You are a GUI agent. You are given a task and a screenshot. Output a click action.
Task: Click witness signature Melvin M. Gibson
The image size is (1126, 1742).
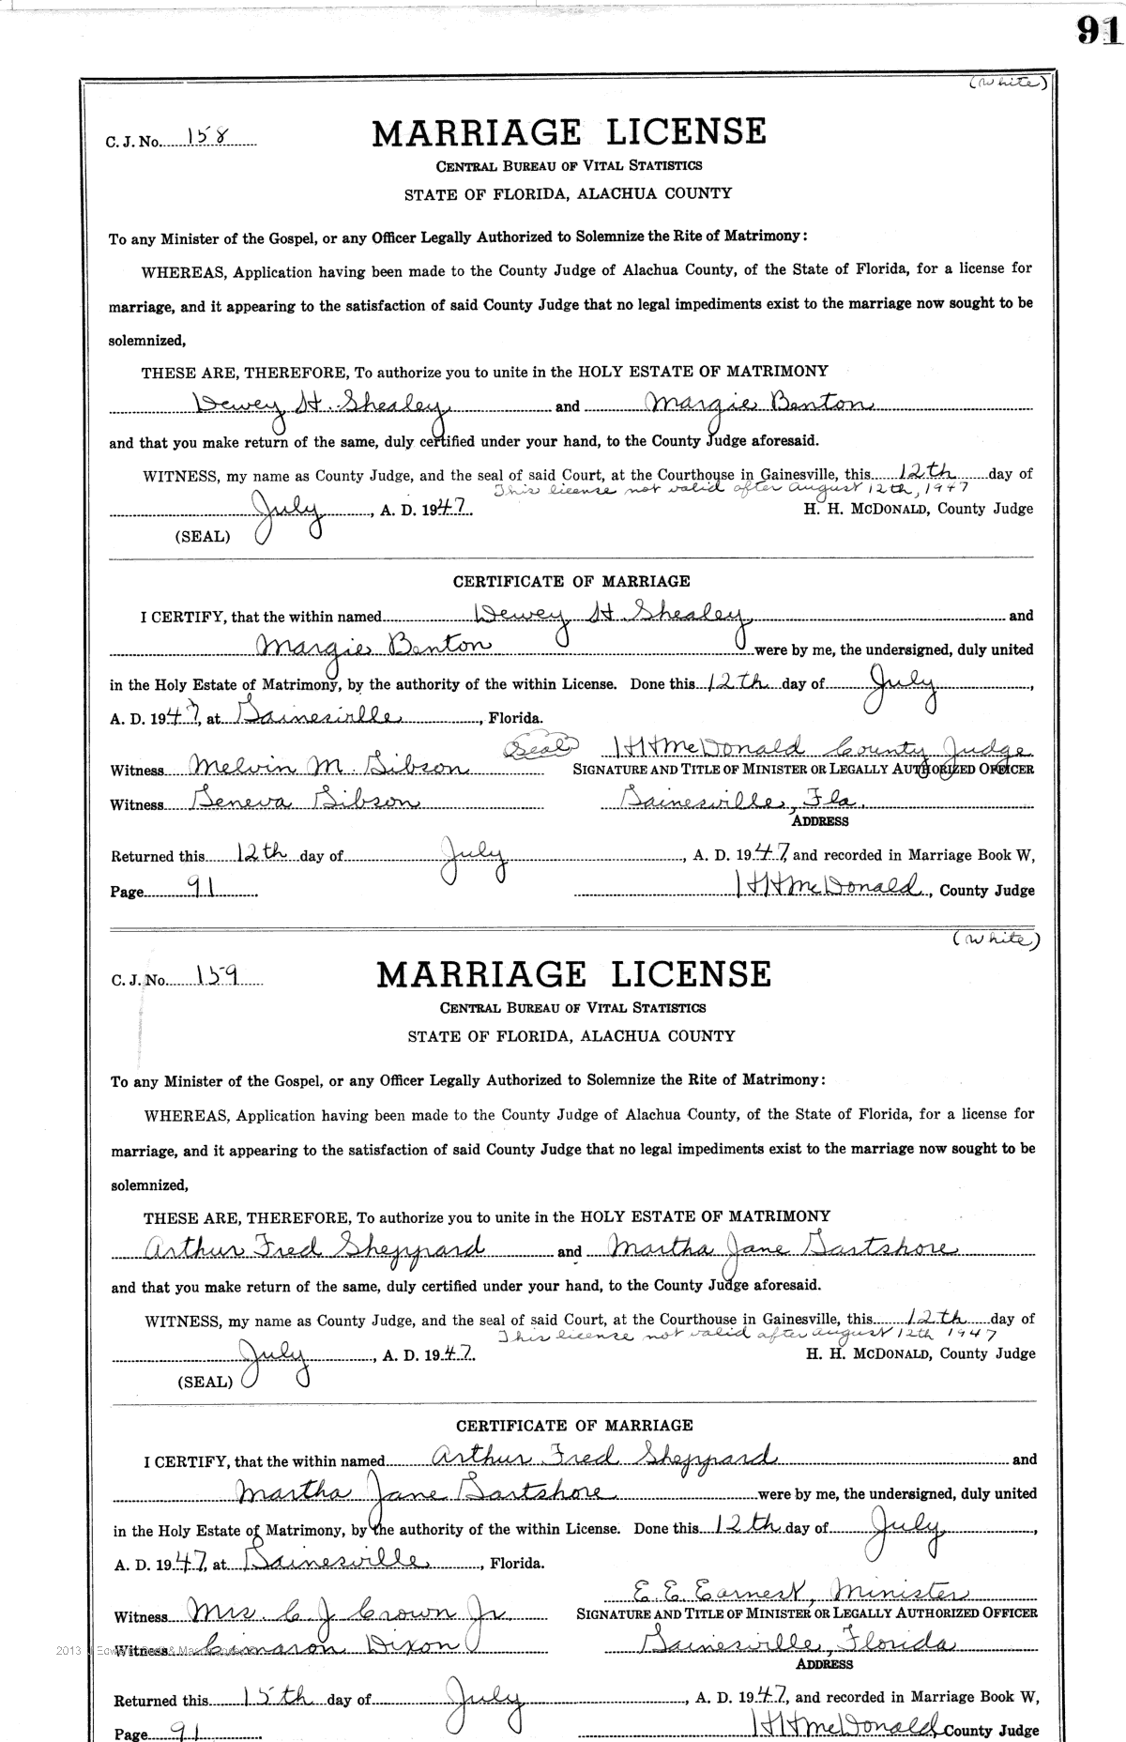pos(328,768)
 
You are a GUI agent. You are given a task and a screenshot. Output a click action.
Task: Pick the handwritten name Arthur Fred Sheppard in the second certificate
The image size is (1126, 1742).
pos(601,1458)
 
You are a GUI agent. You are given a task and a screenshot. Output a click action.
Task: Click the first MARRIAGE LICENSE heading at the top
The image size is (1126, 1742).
pos(569,132)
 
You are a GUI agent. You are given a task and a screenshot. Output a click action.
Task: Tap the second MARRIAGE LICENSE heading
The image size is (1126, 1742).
pos(572,974)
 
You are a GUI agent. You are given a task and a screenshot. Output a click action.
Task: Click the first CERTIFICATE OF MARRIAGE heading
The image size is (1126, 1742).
pos(571,582)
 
